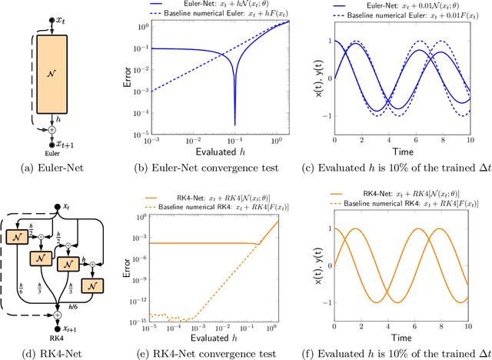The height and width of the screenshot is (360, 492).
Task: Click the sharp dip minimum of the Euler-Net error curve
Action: coord(234,123)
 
